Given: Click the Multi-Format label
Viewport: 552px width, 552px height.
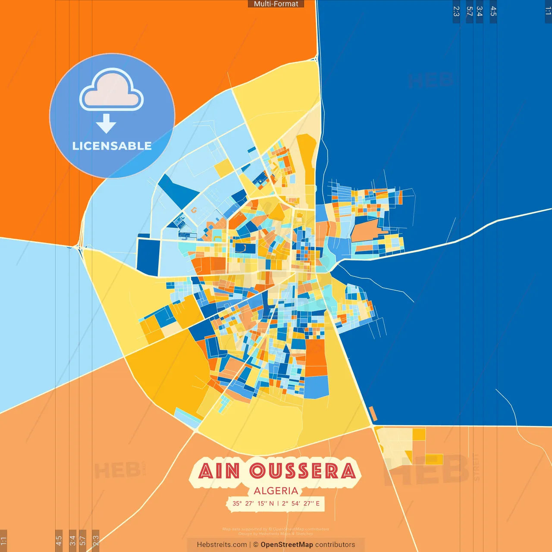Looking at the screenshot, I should [x=276, y=4].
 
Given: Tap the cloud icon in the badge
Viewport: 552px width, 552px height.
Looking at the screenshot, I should [x=111, y=89].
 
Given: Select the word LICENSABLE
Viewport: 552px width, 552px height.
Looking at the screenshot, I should [x=112, y=146].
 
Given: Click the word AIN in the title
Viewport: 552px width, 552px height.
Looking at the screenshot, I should [x=219, y=471].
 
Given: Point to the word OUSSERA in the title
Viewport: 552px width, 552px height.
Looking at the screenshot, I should [x=303, y=471].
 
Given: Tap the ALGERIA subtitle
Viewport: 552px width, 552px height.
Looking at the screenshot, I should [x=276, y=491].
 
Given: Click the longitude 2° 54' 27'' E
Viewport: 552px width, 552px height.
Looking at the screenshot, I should [x=301, y=503].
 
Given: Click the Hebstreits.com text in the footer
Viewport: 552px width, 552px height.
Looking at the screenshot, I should [x=222, y=545].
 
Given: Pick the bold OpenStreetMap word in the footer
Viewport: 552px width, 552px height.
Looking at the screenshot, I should [x=286, y=545].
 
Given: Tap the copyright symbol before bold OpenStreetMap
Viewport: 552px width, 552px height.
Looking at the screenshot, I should [x=256, y=545].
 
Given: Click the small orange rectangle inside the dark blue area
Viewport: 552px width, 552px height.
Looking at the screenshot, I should [x=373, y=413].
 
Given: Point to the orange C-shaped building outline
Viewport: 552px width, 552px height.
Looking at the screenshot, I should [x=194, y=210].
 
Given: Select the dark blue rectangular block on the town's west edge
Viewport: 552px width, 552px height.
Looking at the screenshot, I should [x=148, y=256].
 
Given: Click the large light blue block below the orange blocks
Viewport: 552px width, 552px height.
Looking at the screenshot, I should [x=317, y=387].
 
